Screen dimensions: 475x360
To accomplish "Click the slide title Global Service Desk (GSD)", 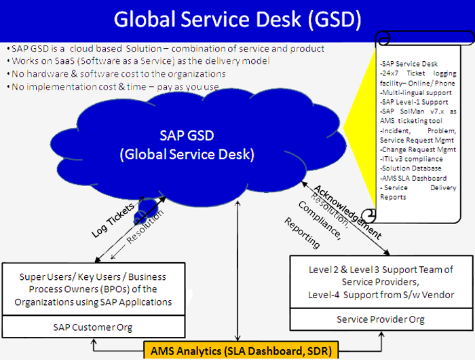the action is click(237, 20).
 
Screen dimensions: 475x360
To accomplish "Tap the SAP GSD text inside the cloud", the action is click(187, 136).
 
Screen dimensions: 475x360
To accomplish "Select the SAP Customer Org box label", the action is click(93, 327).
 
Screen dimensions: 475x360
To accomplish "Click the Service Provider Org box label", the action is click(381, 319).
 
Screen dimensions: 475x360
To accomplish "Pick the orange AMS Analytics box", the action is click(241, 350).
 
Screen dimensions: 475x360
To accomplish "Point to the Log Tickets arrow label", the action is click(113, 220).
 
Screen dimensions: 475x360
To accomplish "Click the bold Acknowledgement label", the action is click(347, 212).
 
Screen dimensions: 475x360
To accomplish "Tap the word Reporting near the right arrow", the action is click(302, 232).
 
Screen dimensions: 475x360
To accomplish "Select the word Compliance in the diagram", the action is click(320, 221).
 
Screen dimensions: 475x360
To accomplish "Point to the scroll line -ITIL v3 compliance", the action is click(411, 159).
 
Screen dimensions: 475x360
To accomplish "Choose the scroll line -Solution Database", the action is click(411, 168).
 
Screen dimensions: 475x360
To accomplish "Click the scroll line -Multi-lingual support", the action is click(415, 92).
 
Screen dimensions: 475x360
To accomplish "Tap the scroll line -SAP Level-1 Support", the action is click(414, 102).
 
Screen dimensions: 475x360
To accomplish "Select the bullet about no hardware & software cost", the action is click(116, 74).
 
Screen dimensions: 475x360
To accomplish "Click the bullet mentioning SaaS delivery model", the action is click(138, 61).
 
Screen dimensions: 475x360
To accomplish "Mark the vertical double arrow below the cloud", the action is click(237, 270).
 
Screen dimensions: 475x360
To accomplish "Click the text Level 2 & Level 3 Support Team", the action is click(381, 270).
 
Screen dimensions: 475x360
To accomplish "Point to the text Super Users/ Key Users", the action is click(71, 277).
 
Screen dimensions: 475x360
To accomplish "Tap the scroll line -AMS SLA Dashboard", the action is click(413, 178).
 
